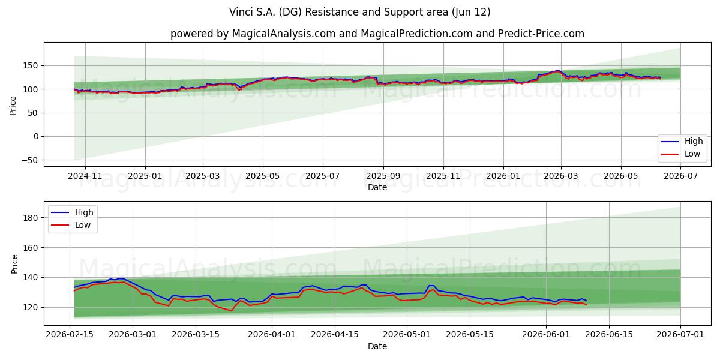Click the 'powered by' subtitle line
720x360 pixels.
pyautogui.click(x=377, y=34)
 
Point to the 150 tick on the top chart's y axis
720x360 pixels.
pyautogui.click(x=31, y=65)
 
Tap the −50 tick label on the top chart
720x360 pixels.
pyautogui.click(x=29, y=160)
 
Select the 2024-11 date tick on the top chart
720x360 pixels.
pyautogui.click(x=85, y=176)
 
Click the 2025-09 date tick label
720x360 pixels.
pyautogui.click(x=383, y=176)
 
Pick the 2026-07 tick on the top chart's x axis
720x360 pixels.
pyautogui.click(x=680, y=176)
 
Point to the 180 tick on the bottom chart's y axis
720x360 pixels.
pyautogui.click(x=31, y=218)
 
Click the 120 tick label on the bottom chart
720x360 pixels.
pyautogui.click(x=31, y=307)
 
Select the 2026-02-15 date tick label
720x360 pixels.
pyautogui.click(x=70, y=334)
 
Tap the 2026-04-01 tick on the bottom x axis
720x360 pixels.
pyautogui.click(x=272, y=334)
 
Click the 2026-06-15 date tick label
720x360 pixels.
pyautogui.click(x=609, y=334)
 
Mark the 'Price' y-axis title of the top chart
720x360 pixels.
pyautogui.click(x=13, y=106)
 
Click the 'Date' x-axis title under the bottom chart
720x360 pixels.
pyautogui.click(x=377, y=346)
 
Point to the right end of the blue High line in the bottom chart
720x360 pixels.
pyautogui.click(x=587, y=301)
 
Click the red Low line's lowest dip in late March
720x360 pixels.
pyautogui.click(x=231, y=311)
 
